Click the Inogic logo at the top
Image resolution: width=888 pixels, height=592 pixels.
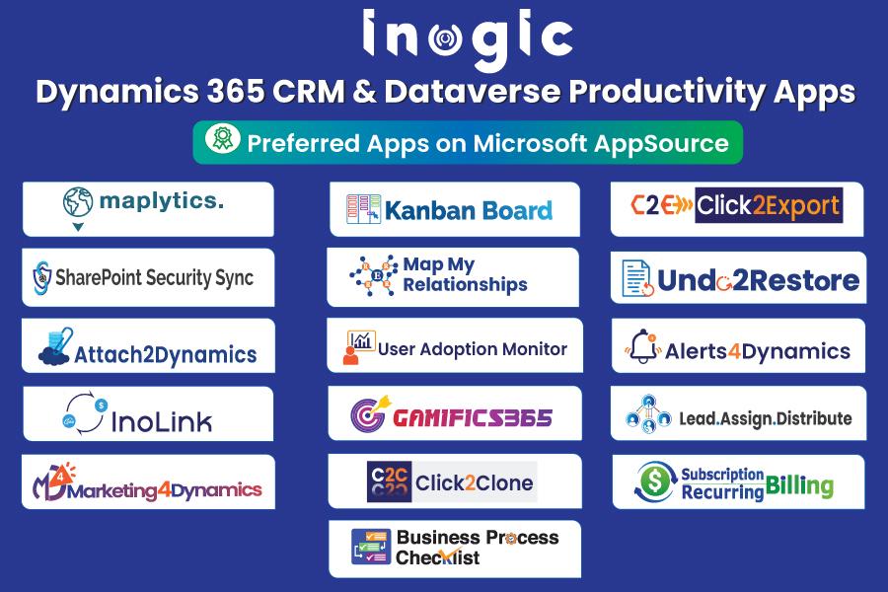click(468, 38)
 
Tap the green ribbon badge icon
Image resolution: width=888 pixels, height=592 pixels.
click(223, 138)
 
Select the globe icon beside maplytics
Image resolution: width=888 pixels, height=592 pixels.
click(78, 202)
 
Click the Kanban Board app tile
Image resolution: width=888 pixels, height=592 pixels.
click(455, 209)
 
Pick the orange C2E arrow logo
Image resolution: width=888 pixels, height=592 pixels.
click(661, 205)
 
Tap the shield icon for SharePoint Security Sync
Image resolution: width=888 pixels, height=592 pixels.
click(41, 277)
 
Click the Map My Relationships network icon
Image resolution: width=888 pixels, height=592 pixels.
click(374, 275)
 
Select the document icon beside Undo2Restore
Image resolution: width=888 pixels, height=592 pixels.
click(637, 278)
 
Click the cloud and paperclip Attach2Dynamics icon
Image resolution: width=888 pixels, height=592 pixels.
click(55, 346)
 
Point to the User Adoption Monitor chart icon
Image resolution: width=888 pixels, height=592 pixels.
click(359, 346)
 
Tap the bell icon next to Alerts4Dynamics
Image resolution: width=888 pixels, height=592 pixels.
click(642, 346)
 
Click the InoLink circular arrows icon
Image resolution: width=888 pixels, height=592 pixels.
click(85, 413)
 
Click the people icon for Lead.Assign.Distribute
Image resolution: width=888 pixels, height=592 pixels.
click(648, 414)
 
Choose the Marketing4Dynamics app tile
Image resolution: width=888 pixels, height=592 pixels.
click(148, 482)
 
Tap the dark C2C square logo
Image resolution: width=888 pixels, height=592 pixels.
click(389, 482)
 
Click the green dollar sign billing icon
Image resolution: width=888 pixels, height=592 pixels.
click(656, 481)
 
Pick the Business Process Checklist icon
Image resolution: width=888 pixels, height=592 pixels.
click(371, 547)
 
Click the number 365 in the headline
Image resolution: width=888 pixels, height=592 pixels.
click(235, 91)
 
